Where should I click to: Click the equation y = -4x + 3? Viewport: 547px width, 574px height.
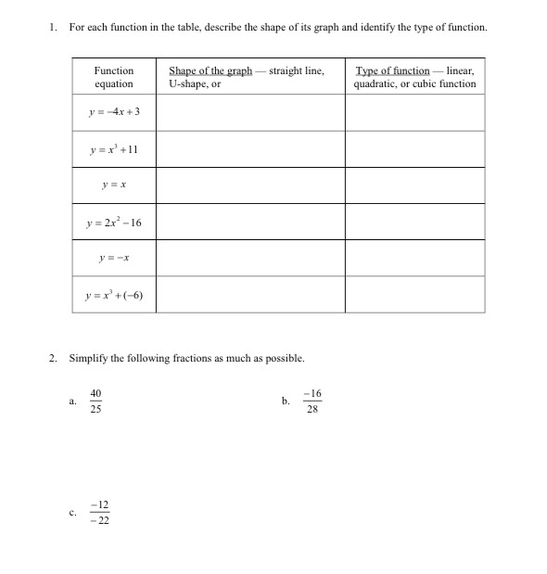(114, 112)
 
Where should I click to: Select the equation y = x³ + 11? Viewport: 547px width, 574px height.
(114, 148)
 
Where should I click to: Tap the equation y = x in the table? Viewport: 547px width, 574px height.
(114, 185)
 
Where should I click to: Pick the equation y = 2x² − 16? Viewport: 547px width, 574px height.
(114, 222)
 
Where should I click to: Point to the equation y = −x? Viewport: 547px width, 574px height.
(114, 259)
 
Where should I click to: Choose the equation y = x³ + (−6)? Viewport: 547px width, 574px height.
(114, 296)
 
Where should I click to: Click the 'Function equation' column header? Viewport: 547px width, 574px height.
(114, 77)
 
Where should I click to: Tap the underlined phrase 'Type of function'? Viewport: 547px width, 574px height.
(392, 70)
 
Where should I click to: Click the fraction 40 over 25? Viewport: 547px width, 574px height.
(95, 402)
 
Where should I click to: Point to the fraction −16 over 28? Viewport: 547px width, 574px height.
(311, 402)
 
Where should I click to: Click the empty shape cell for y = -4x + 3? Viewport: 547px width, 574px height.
(250, 112)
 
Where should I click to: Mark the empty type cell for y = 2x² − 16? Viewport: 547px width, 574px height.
(414, 222)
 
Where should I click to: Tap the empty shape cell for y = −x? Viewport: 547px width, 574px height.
(250, 259)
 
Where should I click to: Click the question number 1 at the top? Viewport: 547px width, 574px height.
(55, 28)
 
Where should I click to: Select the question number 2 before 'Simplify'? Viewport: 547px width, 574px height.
(55, 357)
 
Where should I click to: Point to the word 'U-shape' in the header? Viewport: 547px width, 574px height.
(187, 84)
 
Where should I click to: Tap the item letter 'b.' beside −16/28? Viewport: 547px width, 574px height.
(286, 402)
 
